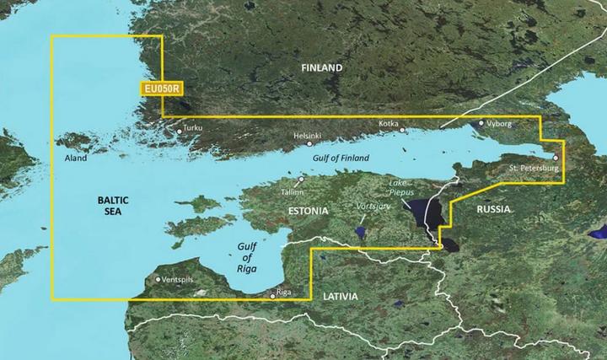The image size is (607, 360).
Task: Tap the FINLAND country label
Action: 323,67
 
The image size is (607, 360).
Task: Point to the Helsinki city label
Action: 307,136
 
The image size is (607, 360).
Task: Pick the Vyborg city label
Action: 497,123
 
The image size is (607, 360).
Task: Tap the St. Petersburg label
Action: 534,169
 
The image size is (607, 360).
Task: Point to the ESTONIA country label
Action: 307,209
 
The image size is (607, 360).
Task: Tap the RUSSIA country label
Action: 495,208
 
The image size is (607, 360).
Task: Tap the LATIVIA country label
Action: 339,297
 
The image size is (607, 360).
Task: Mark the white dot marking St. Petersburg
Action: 556,158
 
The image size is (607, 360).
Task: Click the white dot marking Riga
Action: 272,296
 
